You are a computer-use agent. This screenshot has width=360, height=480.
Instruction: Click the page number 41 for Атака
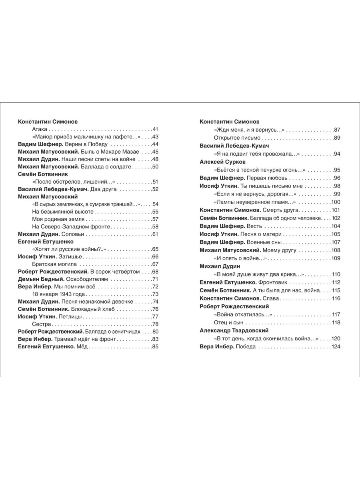point(156,129)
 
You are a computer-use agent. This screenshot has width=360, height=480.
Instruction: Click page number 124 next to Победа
point(335,346)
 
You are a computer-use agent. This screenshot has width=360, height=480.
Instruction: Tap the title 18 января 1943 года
point(59,294)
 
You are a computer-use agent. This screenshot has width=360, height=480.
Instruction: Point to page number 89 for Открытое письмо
point(337,138)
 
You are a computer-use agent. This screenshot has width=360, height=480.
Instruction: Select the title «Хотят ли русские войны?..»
point(69,249)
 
